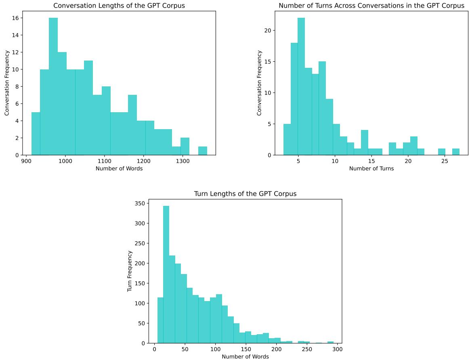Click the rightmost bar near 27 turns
coord(455,152)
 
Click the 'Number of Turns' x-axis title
coord(371,168)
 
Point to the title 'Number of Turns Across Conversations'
coord(371,6)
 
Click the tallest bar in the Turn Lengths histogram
coord(166,274)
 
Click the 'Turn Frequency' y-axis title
coord(130,271)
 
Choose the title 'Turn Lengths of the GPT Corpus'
coord(245,194)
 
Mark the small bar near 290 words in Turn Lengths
coord(330,342)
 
